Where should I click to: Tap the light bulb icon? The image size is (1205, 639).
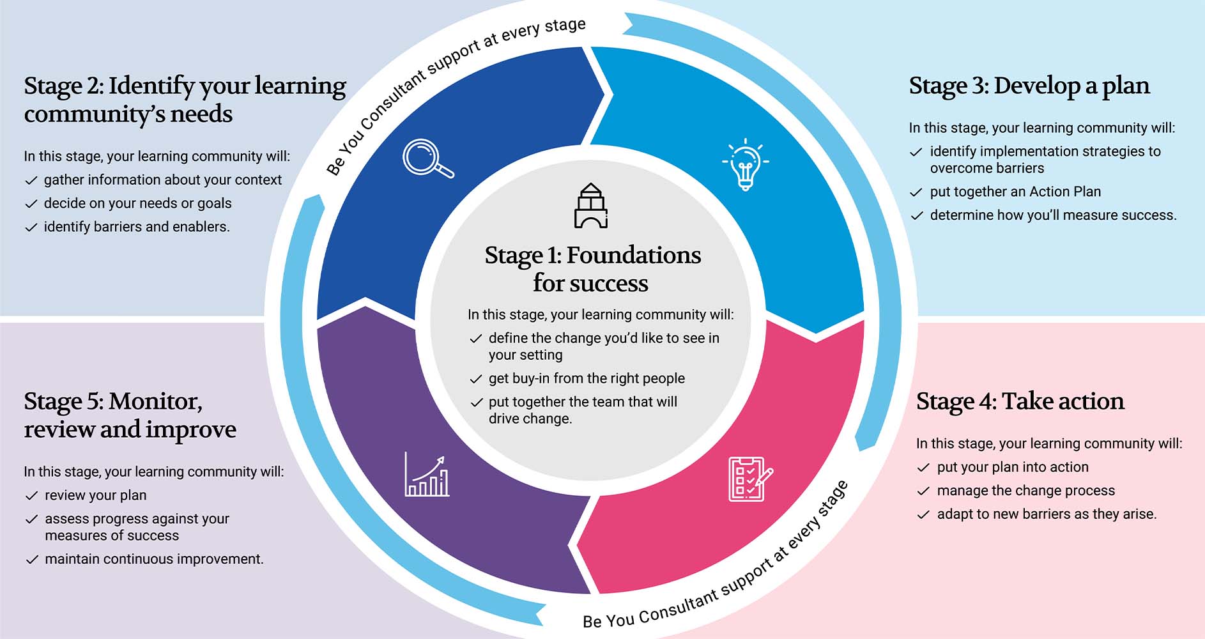coord(745,164)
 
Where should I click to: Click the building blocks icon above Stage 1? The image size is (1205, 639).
coord(590,206)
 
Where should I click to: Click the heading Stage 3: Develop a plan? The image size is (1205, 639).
coord(1029,86)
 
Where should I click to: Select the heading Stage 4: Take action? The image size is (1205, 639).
coord(1020,401)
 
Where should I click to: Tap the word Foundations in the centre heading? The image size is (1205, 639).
coord(633,255)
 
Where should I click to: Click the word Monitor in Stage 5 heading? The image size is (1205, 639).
coord(155,401)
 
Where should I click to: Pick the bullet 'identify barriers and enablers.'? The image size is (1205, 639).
coord(137,227)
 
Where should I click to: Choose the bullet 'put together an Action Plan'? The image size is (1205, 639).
coord(1015,192)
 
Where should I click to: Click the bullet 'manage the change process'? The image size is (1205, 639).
coord(1025,491)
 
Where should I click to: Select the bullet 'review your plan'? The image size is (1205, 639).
coord(95,495)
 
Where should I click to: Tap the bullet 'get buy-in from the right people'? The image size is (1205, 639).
coord(587,378)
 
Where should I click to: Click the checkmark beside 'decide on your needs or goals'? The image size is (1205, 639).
coord(31,204)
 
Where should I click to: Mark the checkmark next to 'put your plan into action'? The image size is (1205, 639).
coord(923,468)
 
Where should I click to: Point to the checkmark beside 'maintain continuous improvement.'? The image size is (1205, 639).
coord(31,560)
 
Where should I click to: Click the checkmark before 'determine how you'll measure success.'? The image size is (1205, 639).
coord(916,216)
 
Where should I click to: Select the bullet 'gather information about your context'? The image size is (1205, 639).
coord(162,180)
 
